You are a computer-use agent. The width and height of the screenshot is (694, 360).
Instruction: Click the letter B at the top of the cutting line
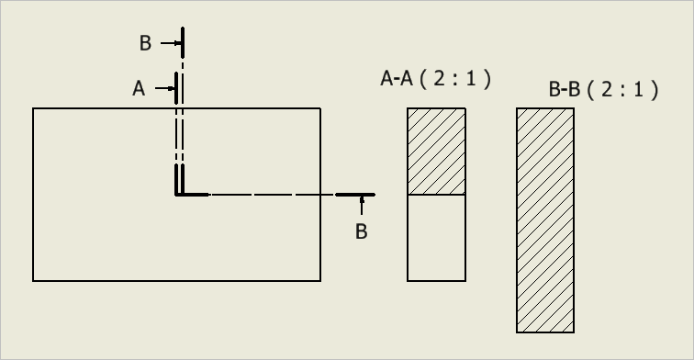pos(145,43)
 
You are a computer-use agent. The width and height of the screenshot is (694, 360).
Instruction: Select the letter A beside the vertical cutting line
pos(139,88)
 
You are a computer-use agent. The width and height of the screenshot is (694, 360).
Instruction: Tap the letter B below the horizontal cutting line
pos(362,231)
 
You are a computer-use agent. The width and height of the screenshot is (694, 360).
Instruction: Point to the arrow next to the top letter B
pos(171,43)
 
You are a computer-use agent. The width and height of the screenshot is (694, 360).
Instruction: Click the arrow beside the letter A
pos(165,88)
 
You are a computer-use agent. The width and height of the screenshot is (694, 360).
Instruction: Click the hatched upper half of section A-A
pos(436,152)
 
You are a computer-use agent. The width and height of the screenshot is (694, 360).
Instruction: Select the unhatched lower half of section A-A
pos(436,237)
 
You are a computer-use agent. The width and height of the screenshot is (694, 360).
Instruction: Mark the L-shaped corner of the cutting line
pos(179,194)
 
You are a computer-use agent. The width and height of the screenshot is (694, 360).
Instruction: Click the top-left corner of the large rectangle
pos(34,109)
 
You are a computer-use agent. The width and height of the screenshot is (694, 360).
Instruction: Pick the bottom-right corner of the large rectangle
pos(320,280)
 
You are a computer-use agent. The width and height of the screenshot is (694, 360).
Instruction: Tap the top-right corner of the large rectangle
pos(320,109)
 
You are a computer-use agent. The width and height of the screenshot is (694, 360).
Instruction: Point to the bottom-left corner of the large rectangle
pos(34,280)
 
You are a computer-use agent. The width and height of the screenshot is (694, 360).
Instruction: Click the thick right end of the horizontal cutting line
pos(354,195)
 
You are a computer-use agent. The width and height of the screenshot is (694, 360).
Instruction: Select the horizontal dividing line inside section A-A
pos(436,195)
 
